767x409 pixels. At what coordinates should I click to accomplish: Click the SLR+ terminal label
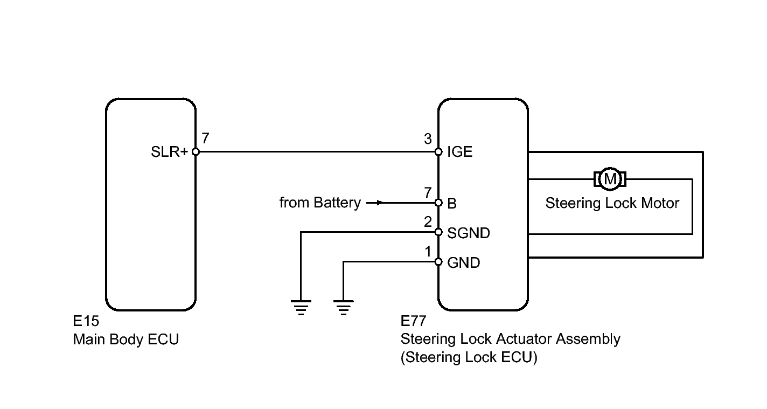(x=169, y=152)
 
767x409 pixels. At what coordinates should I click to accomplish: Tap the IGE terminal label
(x=459, y=152)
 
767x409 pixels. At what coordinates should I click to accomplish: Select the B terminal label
(x=452, y=204)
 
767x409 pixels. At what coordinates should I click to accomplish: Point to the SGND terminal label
(x=468, y=233)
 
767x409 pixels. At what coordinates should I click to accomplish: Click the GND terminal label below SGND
(x=463, y=263)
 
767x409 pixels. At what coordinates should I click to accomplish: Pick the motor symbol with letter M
(x=610, y=178)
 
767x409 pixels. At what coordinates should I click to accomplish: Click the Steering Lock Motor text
(x=612, y=203)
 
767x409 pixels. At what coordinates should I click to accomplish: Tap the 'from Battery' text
(x=320, y=203)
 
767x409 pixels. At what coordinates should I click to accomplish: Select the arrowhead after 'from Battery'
(x=380, y=203)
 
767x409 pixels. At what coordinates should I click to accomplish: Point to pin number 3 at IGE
(x=428, y=140)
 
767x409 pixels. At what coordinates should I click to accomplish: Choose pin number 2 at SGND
(x=428, y=221)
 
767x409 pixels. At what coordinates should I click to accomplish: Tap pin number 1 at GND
(x=428, y=251)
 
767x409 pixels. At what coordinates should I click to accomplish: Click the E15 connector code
(x=86, y=322)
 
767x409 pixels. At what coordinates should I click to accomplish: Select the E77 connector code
(x=413, y=322)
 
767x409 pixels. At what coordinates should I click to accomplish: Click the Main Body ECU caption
(x=125, y=340)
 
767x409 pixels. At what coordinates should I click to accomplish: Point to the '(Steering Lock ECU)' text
(x=469, y=358)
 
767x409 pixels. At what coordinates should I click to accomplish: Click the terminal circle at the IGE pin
(x=439, y=152)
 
